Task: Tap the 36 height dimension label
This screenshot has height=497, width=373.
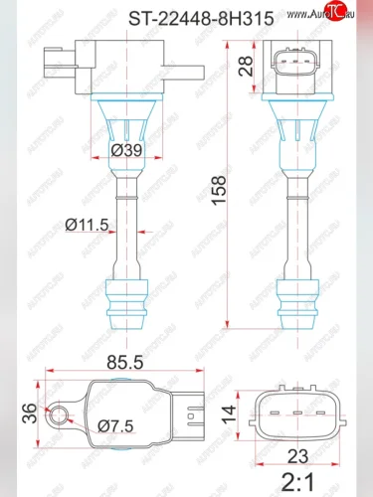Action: pos(29,412)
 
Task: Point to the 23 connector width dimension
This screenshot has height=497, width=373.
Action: pos(295,458)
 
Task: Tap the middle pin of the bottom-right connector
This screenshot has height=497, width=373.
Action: pos(295,412)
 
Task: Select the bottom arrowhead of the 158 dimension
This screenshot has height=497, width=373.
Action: pos(230,325)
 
